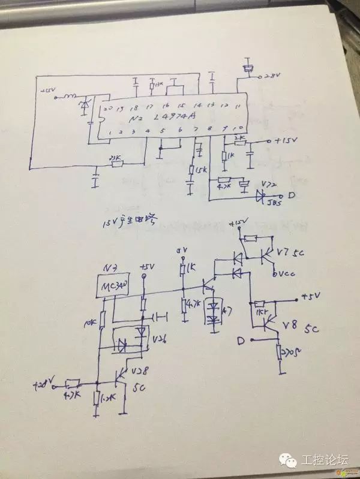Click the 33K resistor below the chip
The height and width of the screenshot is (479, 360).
115,161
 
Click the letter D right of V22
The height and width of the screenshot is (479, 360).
292,195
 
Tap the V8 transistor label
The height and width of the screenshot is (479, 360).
294,324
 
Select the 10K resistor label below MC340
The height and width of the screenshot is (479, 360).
91,324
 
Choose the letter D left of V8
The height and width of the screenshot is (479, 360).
241,341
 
